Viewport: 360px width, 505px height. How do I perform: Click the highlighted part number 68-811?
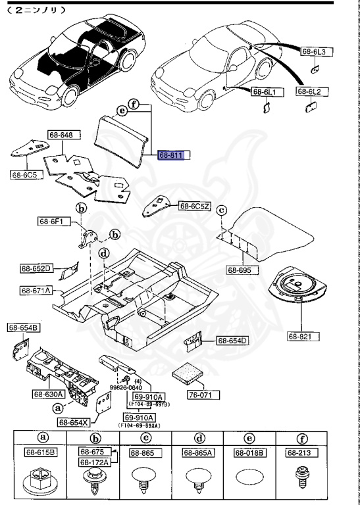coord(173,155)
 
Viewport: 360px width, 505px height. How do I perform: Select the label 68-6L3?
coord(317,51)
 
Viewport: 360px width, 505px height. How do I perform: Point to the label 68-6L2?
coord(309,93)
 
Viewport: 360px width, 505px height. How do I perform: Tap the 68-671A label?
coord(36,290)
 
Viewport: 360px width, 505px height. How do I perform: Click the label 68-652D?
coord(36,268)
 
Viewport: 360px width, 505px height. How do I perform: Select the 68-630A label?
coord(47,395)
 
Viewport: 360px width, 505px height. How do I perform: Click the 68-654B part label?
coord(23,327)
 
